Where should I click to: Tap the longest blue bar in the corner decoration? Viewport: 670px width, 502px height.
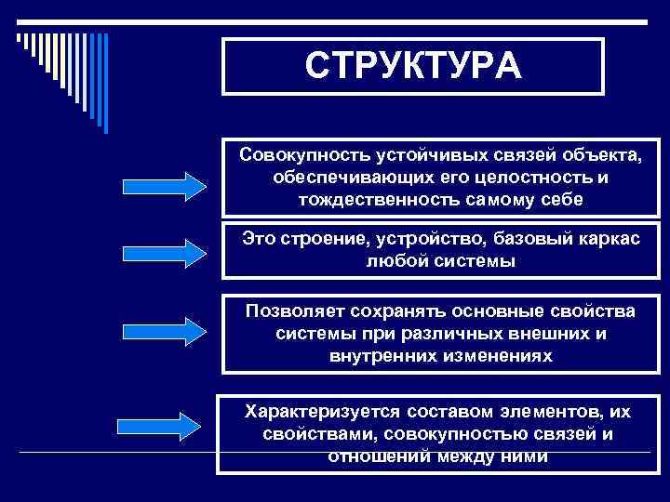(x=104, y=84)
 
